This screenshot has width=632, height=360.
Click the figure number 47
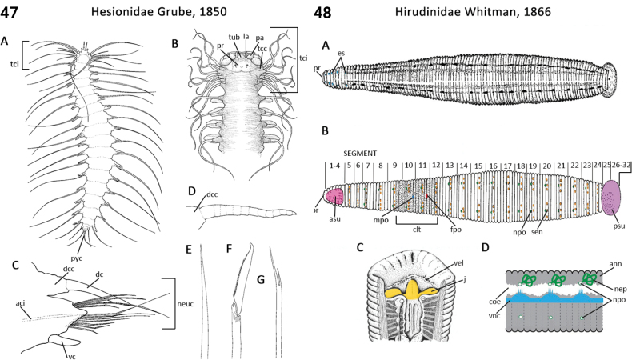point(14,13)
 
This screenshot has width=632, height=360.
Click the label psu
point(615,237)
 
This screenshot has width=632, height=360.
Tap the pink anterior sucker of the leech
point(334,196)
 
